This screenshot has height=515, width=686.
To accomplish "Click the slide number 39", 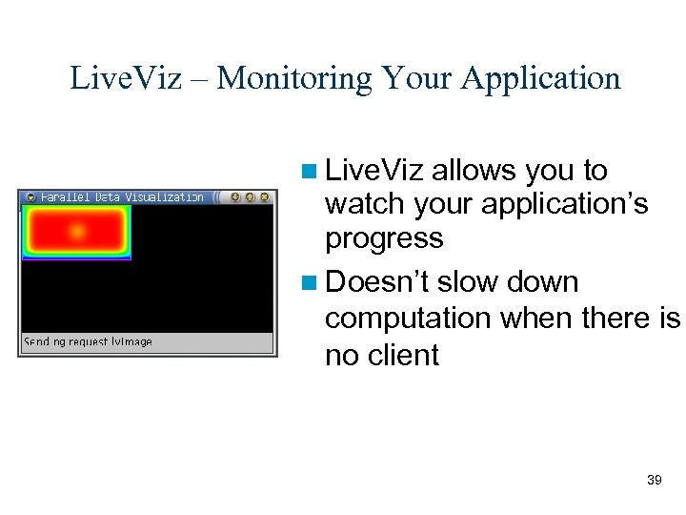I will click(654, 480).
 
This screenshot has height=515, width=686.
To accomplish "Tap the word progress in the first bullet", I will click(384, 238).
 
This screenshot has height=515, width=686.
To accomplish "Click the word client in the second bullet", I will click(401, 356).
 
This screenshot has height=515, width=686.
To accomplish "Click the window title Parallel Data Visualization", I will click(122, 197).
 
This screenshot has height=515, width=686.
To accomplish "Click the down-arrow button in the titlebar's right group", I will click(235, 197).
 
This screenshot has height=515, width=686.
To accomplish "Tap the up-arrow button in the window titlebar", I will click(250, 197).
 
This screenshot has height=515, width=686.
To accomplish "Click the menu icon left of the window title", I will click(30, 197).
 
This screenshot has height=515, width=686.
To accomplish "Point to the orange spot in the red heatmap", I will click(77, 231).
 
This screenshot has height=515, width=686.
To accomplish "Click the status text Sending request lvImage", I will click(88, 341).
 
